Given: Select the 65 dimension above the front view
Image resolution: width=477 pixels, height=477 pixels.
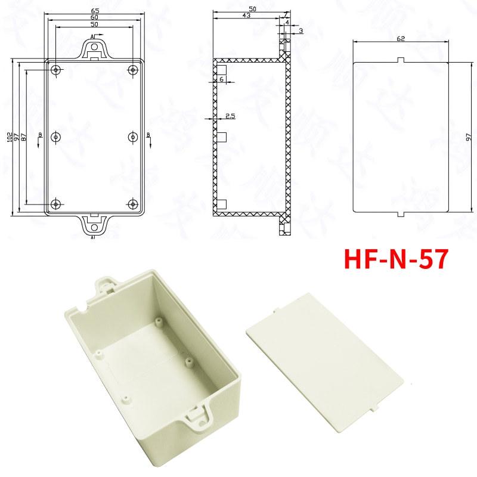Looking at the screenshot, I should [94, 11].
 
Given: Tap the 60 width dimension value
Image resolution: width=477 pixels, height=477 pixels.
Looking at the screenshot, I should [94, 18].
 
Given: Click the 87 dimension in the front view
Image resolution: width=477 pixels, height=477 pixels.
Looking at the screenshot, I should [24, 136].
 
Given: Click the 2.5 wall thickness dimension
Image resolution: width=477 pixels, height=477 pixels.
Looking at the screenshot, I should [230, 117].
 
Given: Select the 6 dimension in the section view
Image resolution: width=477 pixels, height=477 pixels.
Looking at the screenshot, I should [221, 79].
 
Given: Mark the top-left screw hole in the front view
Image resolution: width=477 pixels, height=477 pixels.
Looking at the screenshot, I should [56, 70].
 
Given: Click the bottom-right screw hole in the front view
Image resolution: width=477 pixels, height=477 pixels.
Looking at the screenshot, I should [132, 204].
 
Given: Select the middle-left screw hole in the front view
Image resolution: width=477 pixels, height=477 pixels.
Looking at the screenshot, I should [56, 137].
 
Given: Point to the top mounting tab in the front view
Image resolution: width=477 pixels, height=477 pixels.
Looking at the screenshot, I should [94, 48].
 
